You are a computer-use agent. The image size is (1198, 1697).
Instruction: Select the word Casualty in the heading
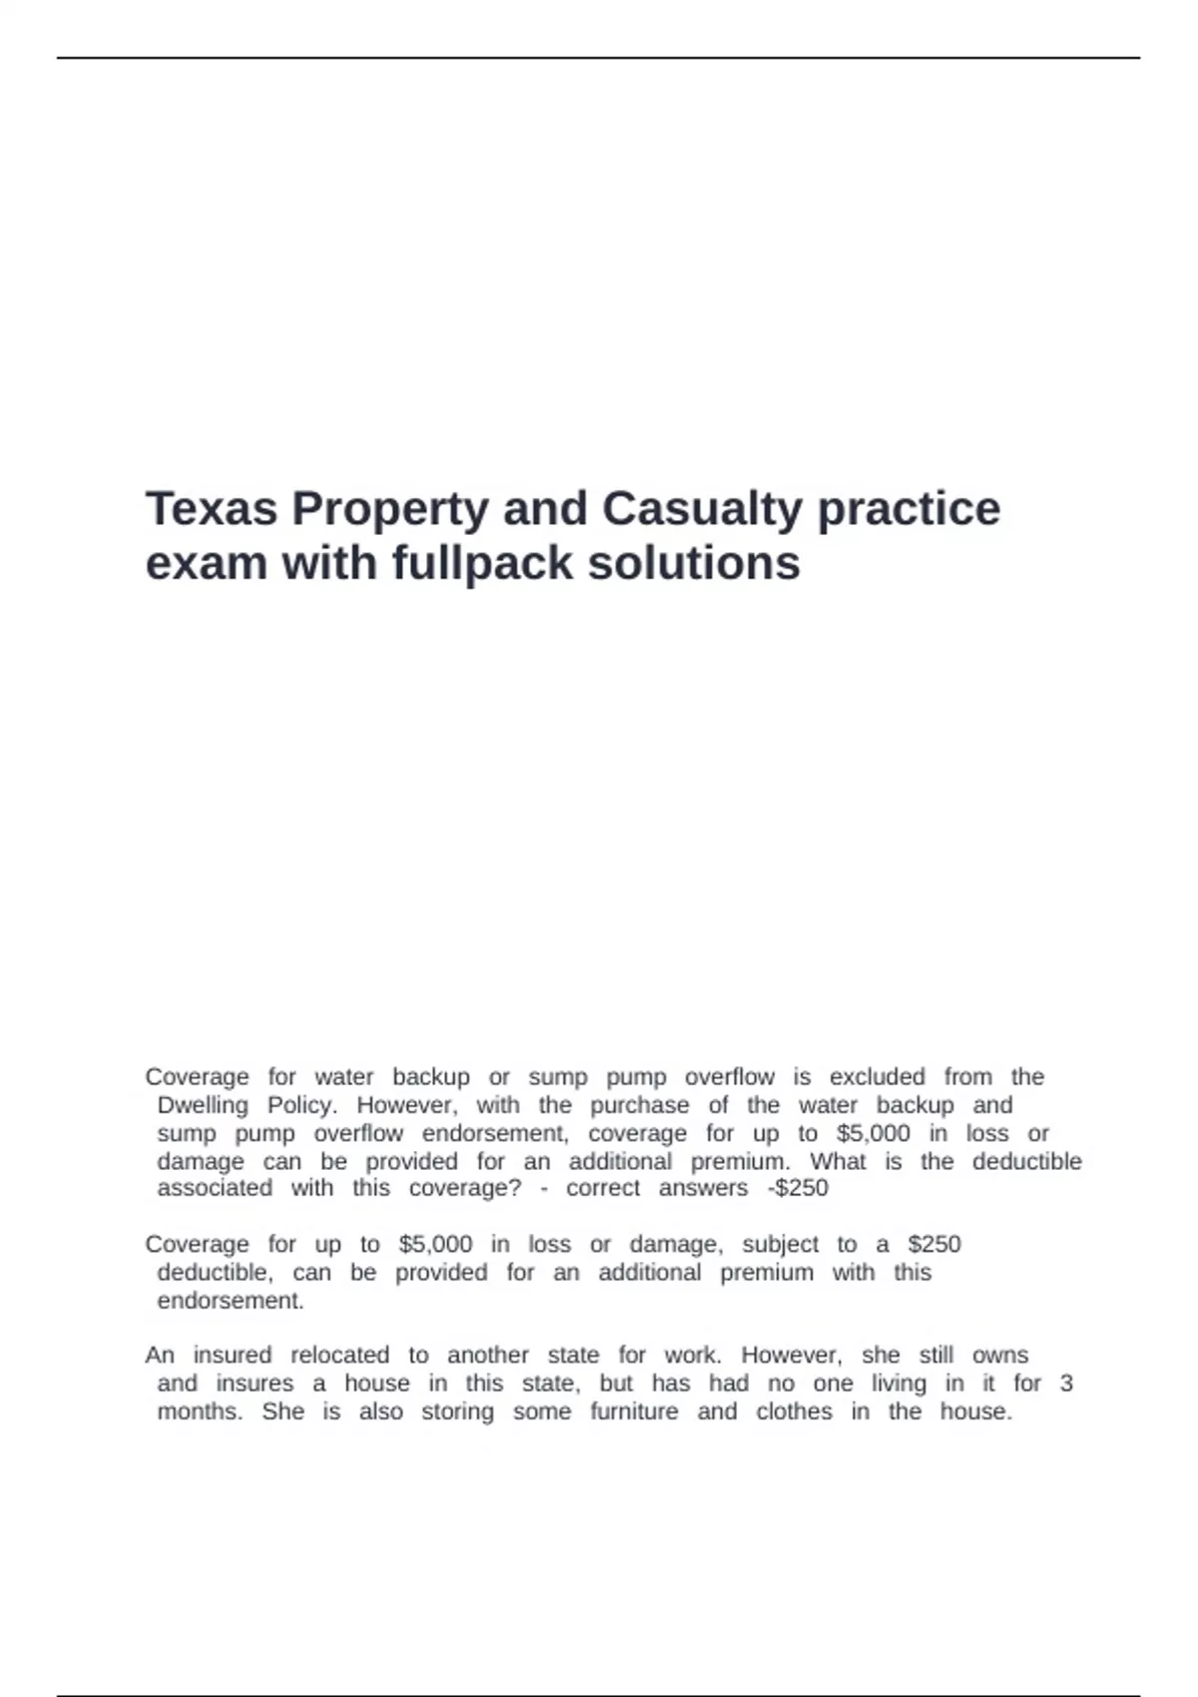701,508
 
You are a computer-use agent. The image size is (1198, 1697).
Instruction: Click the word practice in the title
908,508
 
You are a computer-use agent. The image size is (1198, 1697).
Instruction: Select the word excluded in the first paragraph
878,1077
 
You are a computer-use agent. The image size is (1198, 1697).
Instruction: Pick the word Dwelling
203,1105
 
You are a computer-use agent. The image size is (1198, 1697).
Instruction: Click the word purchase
639,1105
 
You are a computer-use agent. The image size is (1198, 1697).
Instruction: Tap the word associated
215,1188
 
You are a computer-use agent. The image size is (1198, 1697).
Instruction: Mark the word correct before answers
603,1188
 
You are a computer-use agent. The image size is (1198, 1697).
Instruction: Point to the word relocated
340,1355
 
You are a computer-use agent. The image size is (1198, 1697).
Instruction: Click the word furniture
634,1412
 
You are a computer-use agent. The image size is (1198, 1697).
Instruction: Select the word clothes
794,1412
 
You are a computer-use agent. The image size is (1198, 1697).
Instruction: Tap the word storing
457,1412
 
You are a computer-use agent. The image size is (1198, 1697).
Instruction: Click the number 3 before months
1066,1383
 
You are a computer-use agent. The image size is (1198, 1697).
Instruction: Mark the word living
898,1383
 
